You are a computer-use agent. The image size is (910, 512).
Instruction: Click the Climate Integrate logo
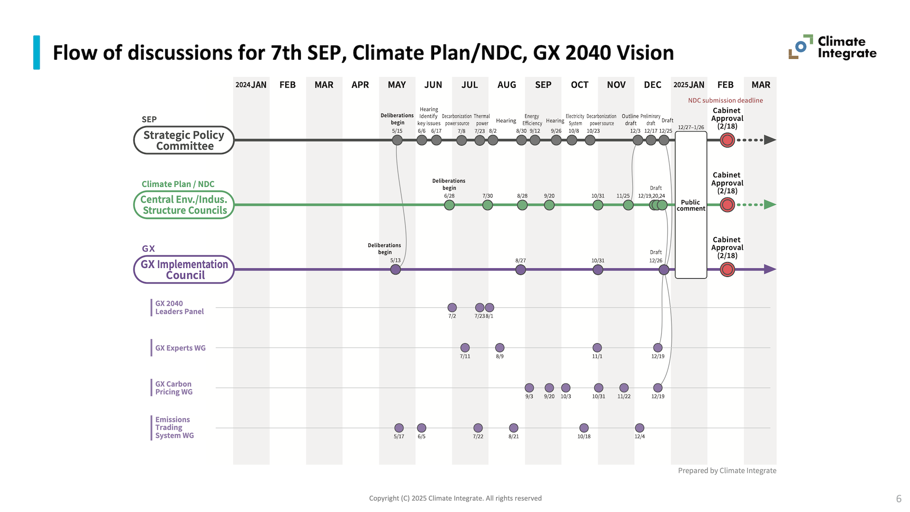pyautogui.click(x=832, y=47)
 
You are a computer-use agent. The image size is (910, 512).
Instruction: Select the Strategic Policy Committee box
pyautogui.click(x=184, y=140)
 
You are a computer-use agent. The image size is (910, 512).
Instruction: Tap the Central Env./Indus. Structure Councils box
pyautogui.click(x=184, y=205)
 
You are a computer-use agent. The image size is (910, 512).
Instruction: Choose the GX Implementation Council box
pyautogui.click(x=184, y=269)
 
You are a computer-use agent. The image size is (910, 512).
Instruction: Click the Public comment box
pyautogui.click(x=691, y=205)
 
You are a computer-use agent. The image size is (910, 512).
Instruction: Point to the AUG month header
pyautogui.click(x=506, y=85)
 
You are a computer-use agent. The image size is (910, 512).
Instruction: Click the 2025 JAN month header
pyautogui.click(x=689, y=85)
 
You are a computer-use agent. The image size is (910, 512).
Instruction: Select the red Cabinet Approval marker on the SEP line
pyautogui.click(x=727, y=140)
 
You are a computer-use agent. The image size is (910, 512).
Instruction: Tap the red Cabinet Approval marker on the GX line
pyautogui.click(x=727, y=269)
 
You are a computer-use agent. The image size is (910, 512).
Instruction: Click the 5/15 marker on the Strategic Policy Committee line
pyautogui.click(x=397, y=140)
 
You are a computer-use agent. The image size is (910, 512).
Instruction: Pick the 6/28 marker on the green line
pyautogui.click(x=449, y=205)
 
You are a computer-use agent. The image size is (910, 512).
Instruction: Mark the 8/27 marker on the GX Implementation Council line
pyautogui.click(x=520, y=270)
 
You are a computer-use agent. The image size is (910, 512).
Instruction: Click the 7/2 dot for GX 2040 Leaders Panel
pyautogui.click(x=452, y=308)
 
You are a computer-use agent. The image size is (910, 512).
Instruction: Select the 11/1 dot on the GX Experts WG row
pyautogui.click(x=597, y=348)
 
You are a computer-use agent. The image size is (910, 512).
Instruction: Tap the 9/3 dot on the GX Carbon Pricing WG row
pyautogui.click(x=529, y=388)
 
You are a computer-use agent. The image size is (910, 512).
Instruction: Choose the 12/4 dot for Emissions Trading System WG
pyautogui.click(x=639, y=428)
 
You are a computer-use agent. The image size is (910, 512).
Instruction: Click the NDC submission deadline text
pyautogui.click(x=725, y=101)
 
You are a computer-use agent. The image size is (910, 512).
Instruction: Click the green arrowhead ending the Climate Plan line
pyautogui.click(x=770, y=205)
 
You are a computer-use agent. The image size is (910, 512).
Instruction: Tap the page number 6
pyautogui.click(x=898, y=499)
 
